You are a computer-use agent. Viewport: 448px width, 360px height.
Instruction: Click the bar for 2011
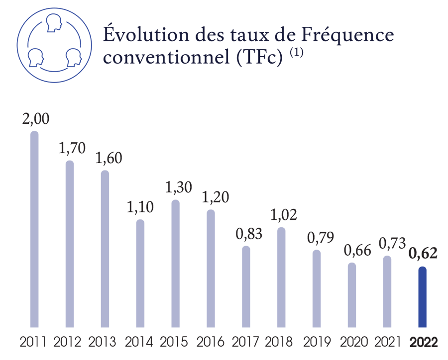coord(34,229)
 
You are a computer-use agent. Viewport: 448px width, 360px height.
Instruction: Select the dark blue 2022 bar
coord(422,297)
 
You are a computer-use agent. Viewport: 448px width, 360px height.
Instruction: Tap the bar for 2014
coord(140,273)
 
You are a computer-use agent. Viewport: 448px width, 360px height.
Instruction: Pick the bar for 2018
coord(281,277)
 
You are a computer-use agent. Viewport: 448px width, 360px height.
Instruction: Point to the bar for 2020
coord(352,295)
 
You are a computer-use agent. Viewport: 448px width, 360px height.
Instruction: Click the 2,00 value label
coord(34,120)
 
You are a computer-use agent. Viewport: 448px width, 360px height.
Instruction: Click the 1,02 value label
coord(281,215)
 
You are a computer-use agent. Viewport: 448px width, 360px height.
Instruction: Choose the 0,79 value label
coord(317,238)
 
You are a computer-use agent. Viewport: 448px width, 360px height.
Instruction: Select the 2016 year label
coord(211,343)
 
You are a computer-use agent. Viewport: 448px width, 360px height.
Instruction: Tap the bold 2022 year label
coord(423,343)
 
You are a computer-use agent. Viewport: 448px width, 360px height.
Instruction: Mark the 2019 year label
coord(317,343)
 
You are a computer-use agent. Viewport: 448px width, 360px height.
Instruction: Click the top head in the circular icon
coord(52,23)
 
